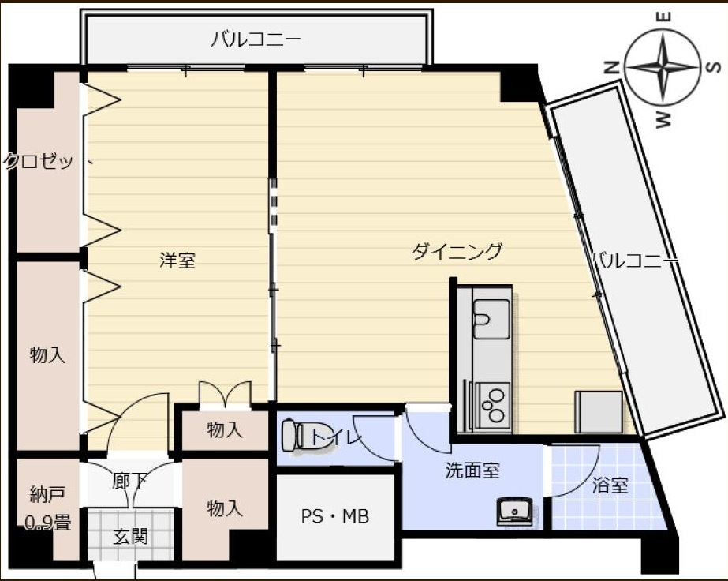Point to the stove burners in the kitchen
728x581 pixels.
(492, 403)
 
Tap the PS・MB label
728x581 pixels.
(335, 517)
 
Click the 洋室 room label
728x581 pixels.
(177, 261)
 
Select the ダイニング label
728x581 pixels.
(457, 252)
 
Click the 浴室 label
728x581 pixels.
(610, 485)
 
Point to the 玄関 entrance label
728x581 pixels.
(130, 537)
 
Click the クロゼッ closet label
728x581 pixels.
(39, 162)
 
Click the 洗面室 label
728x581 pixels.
(472, 471)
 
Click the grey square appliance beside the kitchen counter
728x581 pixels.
(599, 411)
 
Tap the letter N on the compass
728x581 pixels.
(611, 69)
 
